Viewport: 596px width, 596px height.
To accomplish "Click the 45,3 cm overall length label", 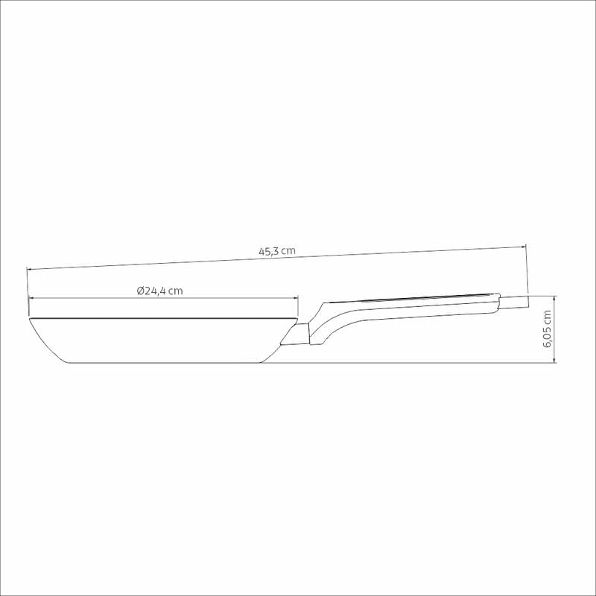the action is point(276,251).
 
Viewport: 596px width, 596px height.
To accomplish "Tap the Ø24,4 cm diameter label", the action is point(159,291).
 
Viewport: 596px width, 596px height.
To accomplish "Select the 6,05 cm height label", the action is point(548,329).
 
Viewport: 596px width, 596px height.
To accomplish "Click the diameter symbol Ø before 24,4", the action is point(140,291).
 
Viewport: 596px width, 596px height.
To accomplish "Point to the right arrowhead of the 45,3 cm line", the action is point(524,247).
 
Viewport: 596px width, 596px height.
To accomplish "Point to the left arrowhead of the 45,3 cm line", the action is point(30,269).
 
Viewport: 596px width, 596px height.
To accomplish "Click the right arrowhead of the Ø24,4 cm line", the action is point(295,299).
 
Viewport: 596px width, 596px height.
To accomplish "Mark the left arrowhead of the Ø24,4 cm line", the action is point(32,299).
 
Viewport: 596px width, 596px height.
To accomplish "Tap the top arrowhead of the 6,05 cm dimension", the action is point(555,299).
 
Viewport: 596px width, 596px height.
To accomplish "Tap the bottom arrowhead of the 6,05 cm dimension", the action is point(555,360).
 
